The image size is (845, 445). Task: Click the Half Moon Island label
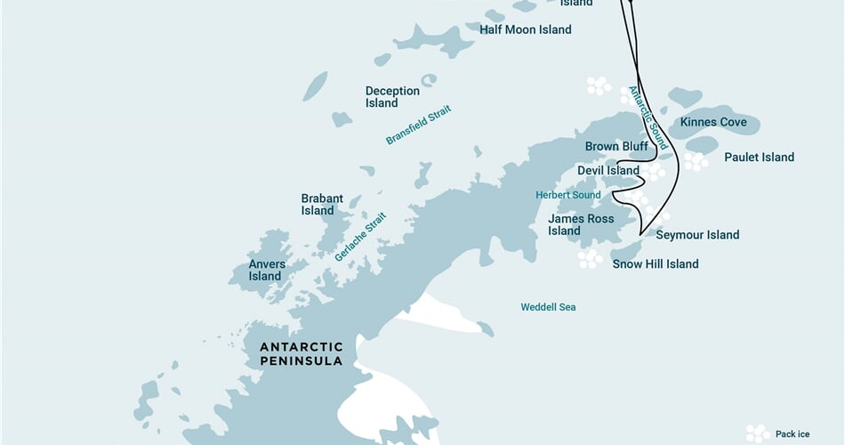tap(525, 29)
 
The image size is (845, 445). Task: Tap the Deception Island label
tap(392, 97)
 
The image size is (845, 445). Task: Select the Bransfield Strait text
tap(418, 125)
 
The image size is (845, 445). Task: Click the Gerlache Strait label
tap(361, 236)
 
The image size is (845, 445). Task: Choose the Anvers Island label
tap(265, 270)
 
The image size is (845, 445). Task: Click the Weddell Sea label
tap(548, 307)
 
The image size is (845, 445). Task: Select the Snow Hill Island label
tap(656, 263)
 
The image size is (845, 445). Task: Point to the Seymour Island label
tap(697, 235)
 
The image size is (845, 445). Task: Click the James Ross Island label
tap(581, 224)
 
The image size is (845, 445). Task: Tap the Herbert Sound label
tap(567, 195)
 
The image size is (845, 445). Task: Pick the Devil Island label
tap(608, 170)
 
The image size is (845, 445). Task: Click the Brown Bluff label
tap(616, 146)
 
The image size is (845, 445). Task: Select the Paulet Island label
tap(759, 158)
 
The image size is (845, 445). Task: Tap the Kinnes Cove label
tap(713, 121)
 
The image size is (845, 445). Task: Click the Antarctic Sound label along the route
tap(647, 117)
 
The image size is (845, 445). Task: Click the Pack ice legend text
tap(793, 434)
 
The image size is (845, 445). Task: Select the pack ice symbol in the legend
tap(758, 433)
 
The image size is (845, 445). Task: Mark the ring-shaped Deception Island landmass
tap(430, 80)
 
